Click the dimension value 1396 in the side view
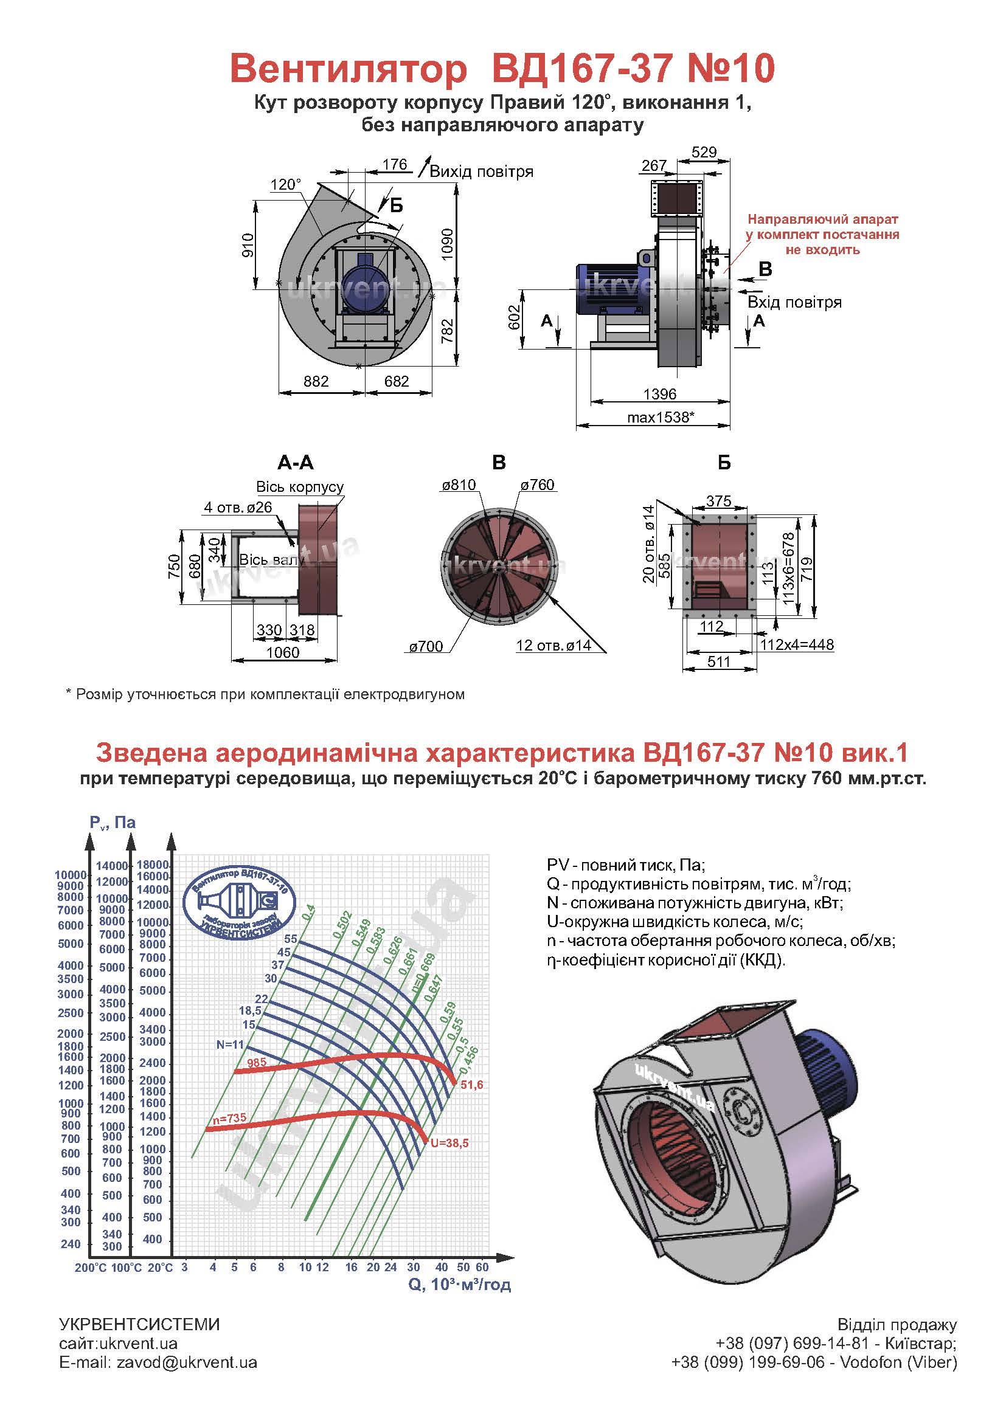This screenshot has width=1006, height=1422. [660, 394]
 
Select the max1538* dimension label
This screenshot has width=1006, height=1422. [661, 418]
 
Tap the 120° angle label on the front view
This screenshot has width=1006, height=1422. [286, 185]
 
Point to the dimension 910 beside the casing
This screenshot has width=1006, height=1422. [248, 245]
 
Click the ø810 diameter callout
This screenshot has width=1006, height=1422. [459, 485]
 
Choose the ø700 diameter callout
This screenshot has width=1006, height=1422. [426, 647]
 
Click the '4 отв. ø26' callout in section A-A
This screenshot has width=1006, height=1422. [238, 507]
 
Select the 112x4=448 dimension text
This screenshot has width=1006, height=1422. [797, 644]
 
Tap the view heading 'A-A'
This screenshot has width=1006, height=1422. [296, 463]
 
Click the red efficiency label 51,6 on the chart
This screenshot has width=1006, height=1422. [471, 1085]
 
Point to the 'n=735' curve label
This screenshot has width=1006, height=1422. [229, 1119]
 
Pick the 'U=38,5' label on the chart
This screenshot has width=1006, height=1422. [449, 1143]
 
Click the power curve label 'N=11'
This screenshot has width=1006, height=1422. [231, 1044]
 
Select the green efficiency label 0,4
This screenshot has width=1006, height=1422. [308, 912]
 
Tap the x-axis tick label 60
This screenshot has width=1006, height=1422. [482, 1267]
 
